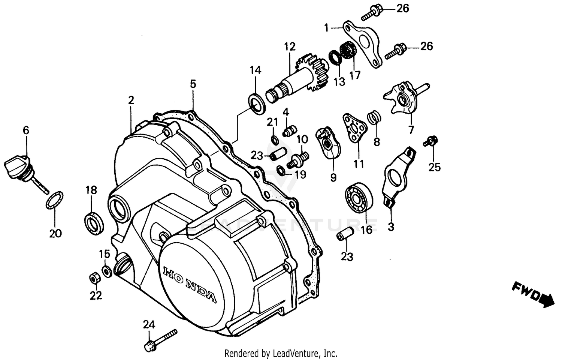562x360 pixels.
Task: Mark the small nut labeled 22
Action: [93, 279]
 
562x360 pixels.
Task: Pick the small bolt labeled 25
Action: [430, 141]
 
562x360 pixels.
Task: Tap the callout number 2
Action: [131, 100]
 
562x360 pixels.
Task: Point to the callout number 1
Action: [327, 27]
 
